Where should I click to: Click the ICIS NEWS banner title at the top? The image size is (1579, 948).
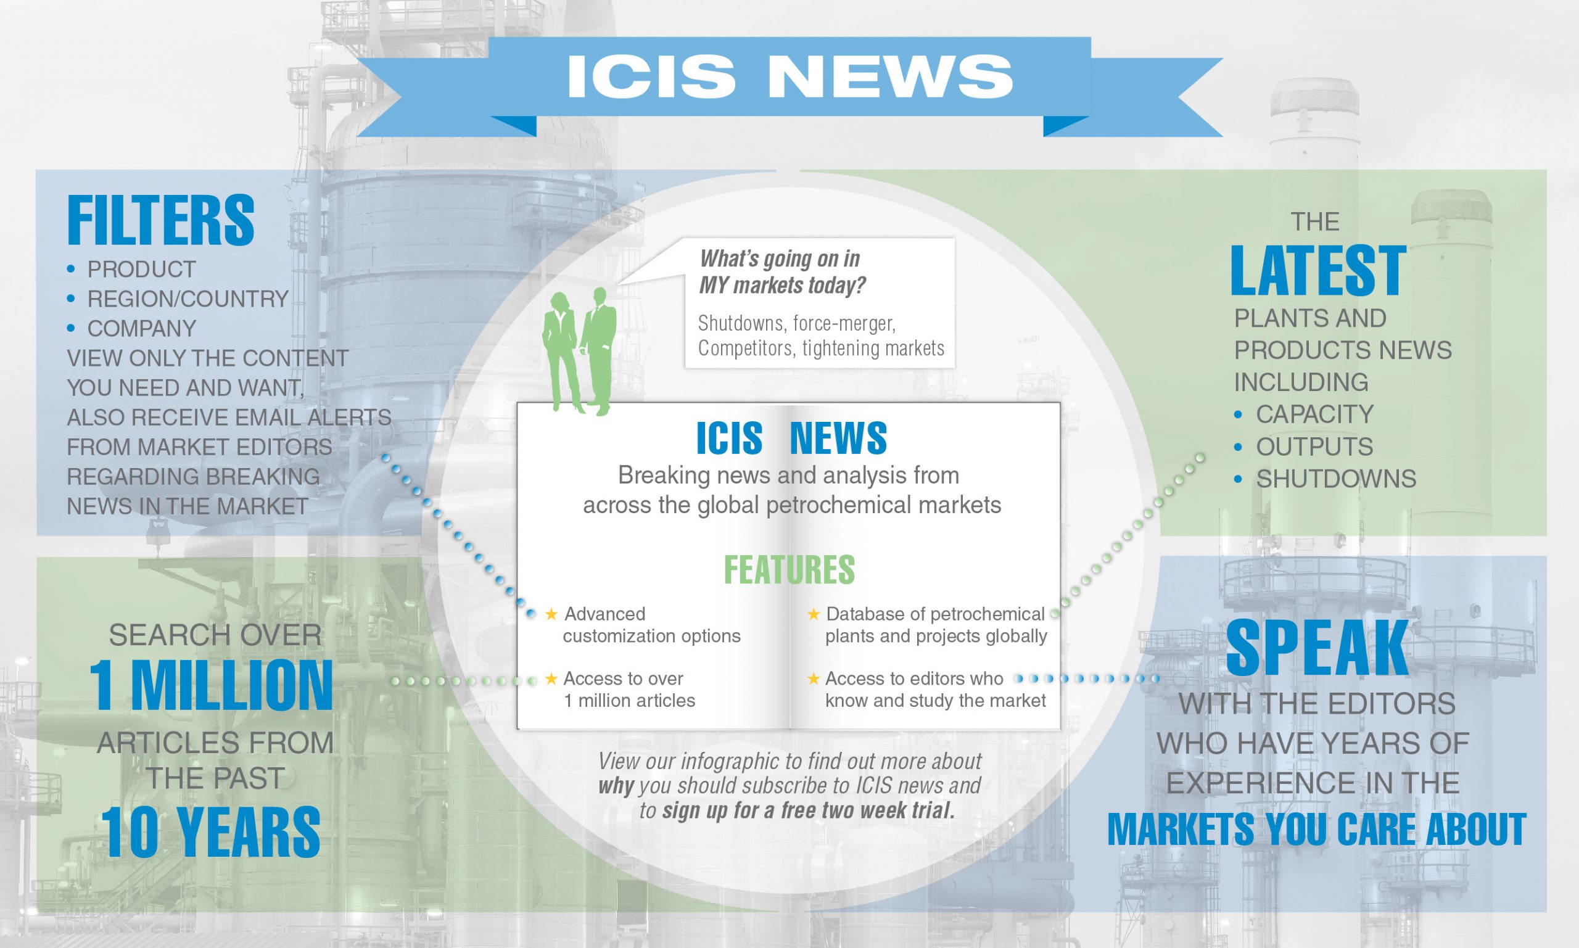tap(789, 76)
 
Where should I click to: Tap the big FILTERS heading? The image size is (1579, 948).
tap(160, 221)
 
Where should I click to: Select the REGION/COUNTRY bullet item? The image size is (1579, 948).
tap(188, 299)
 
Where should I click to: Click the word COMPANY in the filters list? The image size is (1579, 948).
tap(142, 328)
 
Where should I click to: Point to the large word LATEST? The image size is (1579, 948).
tap(1317, 271)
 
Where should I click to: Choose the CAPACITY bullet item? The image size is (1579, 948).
tap(1314, 414)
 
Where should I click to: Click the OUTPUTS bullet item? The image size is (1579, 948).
tap(1314, 447)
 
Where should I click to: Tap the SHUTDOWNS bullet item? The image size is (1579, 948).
tap(1336, 479)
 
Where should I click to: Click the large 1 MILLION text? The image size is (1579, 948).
tap(211, 686)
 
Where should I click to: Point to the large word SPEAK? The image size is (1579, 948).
tap(1317, 648)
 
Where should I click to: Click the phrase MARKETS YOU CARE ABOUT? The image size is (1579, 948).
tap(1316, 829)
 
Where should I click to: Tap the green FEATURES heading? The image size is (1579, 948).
tap(789, 570)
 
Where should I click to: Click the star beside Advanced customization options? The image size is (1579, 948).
tap(551, 614)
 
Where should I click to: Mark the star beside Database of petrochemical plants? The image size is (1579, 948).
tap(813, 614)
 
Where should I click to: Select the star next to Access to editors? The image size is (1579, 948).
tap(813, 678)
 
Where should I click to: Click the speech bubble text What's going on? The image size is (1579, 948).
tap(783, 271)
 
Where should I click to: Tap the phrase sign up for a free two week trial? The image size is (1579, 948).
tap(808, 810)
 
